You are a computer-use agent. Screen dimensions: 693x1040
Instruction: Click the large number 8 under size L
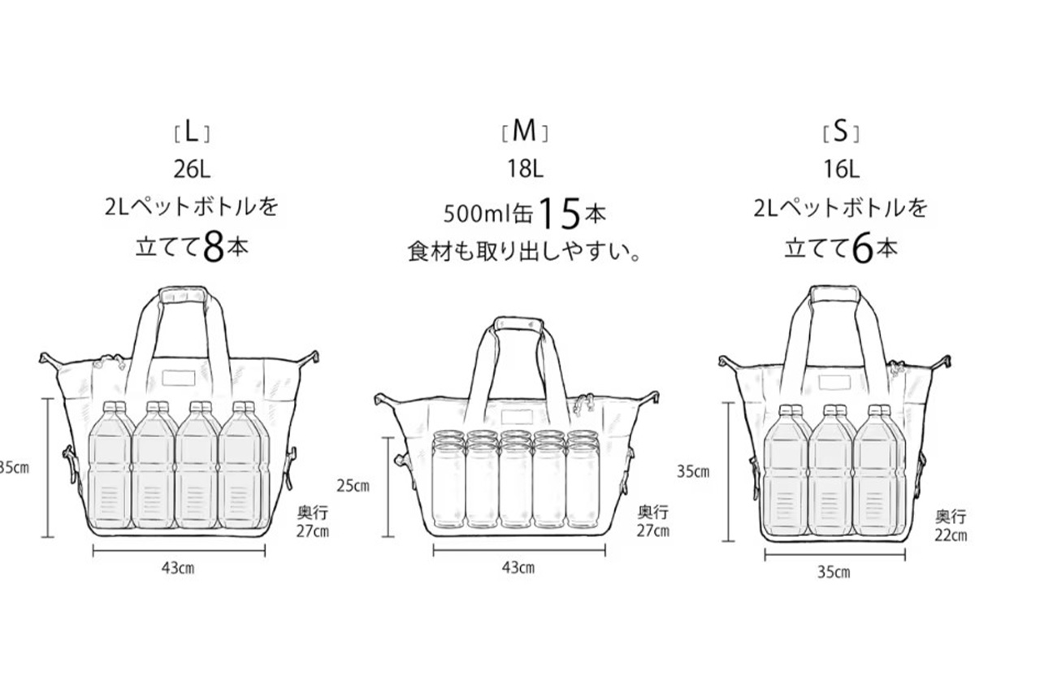pyautogui.click(x=214, y=249)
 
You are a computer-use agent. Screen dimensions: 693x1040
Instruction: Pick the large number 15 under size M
pyautogui.click(x=560, y=213)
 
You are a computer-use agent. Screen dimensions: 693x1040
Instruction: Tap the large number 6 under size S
pyautogui.click(x=862, y=249)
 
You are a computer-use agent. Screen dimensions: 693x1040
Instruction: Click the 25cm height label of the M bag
pyautogui.click(x=352, y=485)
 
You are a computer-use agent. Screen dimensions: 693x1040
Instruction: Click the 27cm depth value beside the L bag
pyautogui.click(x=314, y=531)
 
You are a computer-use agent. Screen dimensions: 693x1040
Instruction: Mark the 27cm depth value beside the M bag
pyautogui.click(x=653, y=531)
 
